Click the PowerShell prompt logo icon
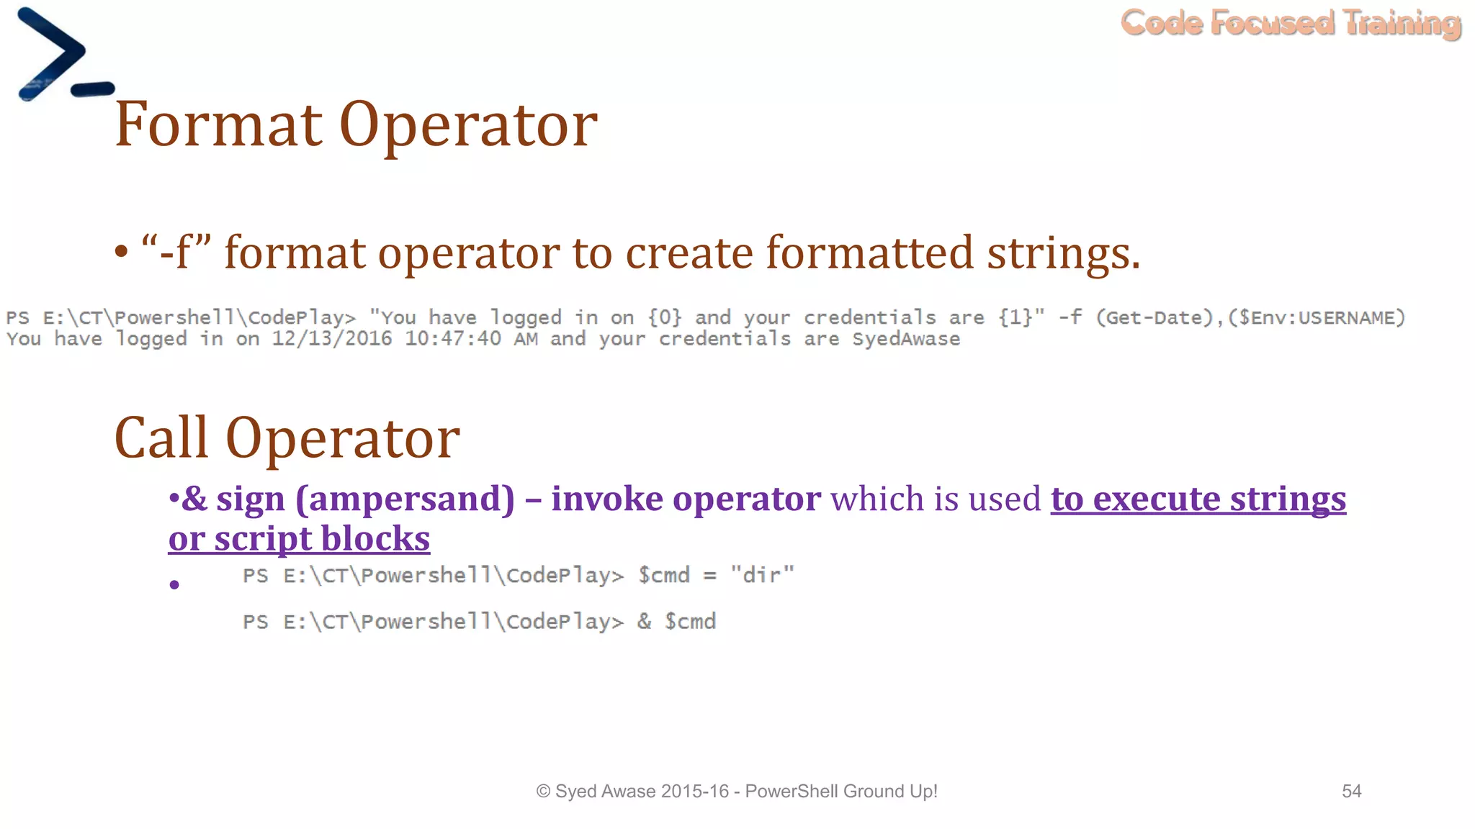(x=63, y=55)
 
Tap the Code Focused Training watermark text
(x=1291, y=23)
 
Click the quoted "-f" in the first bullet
(x=176, y=253)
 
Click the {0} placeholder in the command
(x=664, y=317)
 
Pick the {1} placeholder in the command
(x=1015, y=317)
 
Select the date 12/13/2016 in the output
(x=332, y=339)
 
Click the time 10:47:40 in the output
(x=452, y=339)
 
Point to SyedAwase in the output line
(x=906, y=339)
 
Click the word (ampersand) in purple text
(x=405, y=499)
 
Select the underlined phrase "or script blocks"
(x=299, y=538)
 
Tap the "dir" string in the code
(x=762, y=575)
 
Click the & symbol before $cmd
(x=645, y=622)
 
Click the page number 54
(x=1351, y=792)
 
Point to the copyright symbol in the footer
(x=543, y=792)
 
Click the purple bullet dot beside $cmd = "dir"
(x=174, y=584)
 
